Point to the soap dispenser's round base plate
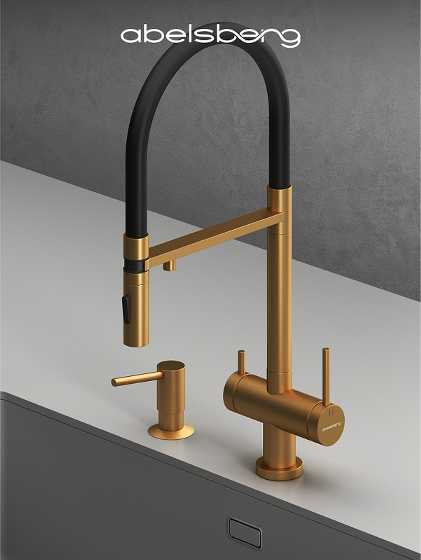point(171,431)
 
